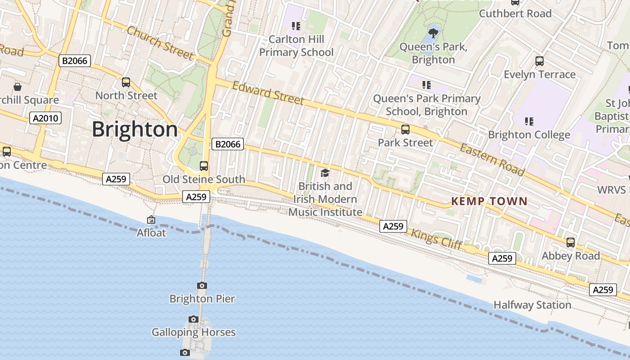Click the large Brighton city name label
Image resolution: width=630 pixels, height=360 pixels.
(135, 130)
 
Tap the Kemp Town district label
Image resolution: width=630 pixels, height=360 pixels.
(489, 201)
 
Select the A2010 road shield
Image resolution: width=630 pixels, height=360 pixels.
(45, 118)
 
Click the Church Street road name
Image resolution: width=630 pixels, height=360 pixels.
(160, 43)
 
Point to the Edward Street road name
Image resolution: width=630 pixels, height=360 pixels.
(268, 92)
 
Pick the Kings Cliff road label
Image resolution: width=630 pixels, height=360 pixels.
(436, 239)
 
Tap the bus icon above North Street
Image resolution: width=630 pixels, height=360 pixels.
(126, 82)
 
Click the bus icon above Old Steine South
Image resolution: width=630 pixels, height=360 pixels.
(204, 166)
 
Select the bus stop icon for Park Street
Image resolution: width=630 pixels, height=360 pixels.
(405, 130)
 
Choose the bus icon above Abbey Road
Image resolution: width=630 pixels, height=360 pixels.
(571, 243)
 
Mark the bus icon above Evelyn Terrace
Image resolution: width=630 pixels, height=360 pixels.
(540, 61)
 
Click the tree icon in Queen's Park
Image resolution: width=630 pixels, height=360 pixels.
(433, 33)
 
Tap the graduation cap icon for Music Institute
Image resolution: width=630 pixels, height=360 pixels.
(325, 173)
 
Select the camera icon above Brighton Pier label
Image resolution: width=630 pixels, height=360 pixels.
(202, 285)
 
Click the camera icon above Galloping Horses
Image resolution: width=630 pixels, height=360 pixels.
(193, 319)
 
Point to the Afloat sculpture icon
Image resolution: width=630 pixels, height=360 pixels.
(151, 220)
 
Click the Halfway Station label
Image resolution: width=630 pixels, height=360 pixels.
(532, 305)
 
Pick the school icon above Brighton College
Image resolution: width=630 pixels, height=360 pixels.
(529, 121)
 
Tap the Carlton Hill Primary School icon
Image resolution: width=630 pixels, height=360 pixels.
(296, 26)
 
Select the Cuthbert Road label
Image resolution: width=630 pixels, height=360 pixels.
(515, 13)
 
